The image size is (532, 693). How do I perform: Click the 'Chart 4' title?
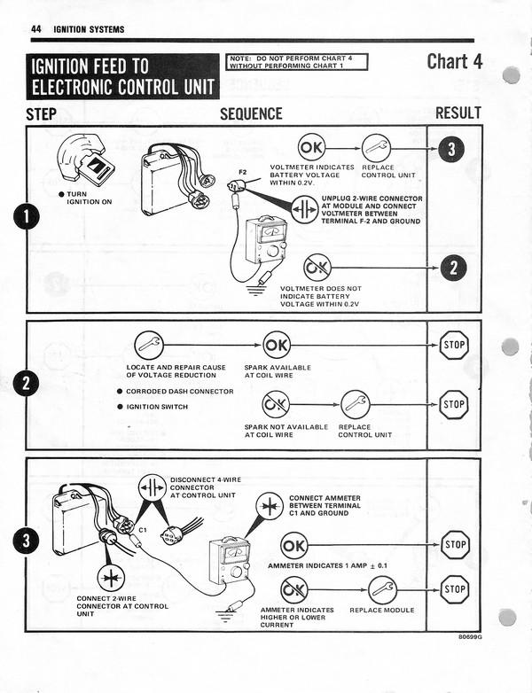(x=453, y=62)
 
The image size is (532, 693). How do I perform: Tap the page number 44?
(x=36, y=29)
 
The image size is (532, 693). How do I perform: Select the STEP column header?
(x=42, y=113)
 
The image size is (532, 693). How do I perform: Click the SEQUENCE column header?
(x=251, y=113)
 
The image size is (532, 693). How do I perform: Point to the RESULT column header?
(x=458, y=113)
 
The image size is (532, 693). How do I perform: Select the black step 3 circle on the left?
(x=27, y=540)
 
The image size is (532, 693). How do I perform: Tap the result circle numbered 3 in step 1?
(x=451, y=149)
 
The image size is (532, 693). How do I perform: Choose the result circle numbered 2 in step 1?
(x=453, y=266)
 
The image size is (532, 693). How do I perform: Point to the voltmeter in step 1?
(x=264, y=239)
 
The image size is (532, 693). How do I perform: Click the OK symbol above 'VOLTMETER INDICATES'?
(x=311, y=146)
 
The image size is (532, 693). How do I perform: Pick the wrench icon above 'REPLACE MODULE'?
(x=382, y=588)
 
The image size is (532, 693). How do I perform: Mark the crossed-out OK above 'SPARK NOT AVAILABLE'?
(x=276, y=405)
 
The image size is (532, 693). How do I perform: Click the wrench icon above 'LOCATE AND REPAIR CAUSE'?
(x=148, y=344)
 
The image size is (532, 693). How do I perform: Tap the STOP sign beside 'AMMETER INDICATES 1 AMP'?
(x=454, y=544)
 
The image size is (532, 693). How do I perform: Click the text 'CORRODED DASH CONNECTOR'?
(x=179, y=391)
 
